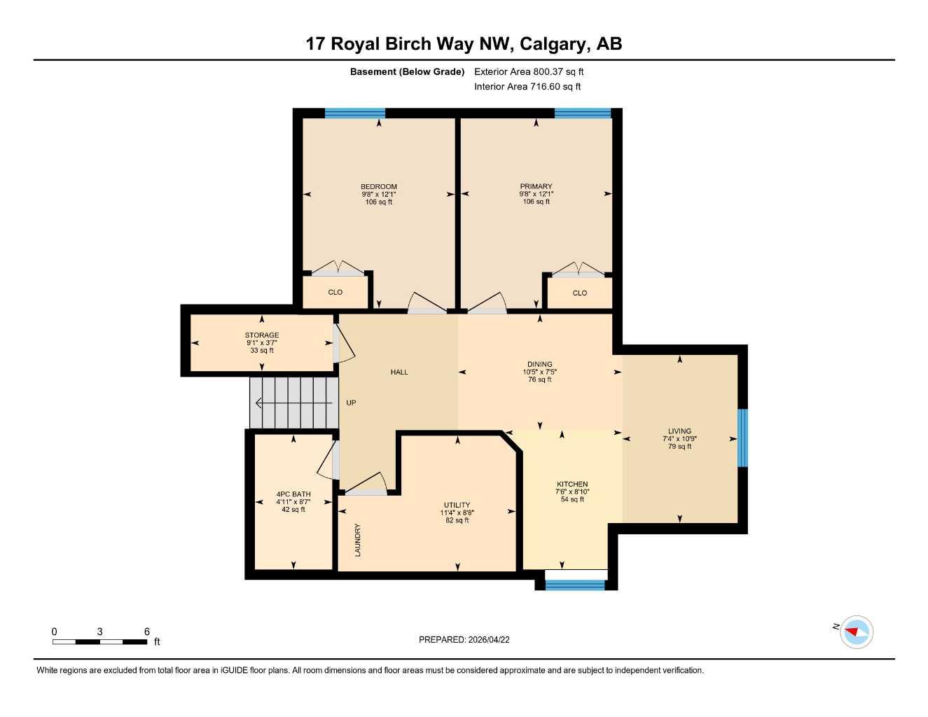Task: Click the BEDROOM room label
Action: (x=378, y=187)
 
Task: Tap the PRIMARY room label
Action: (x=536, y=187)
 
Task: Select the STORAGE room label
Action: (x=262, y=335)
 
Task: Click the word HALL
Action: (x=399, y=373)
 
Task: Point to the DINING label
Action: (x=539, y=365)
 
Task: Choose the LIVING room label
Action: (x=679, y=431)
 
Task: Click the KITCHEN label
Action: (x=572, y=485)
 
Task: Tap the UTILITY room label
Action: (x=457, y=506)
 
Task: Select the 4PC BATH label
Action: (x=293, y=494)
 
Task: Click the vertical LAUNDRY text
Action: (x=358, y=540)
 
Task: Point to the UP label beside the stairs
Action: (x=351, y=403)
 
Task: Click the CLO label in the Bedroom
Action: (x=335, y=293)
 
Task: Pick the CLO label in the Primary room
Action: (x=580, y=293)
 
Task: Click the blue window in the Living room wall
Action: (x=743, y=438)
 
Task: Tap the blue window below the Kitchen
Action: (x=575, y=585)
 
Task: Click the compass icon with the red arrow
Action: (x=856, y=632)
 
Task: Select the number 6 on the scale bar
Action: (x=147, y=632)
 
